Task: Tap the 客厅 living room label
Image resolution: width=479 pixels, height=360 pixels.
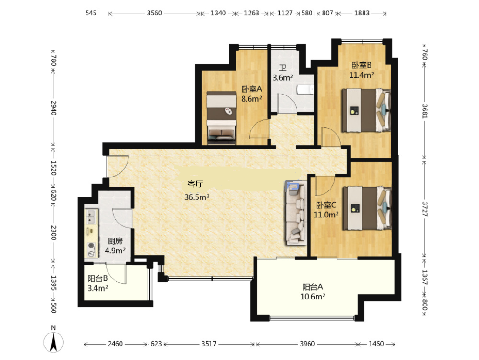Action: tap(196, 184)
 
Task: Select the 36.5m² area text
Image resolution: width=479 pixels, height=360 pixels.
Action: tap(197, 197)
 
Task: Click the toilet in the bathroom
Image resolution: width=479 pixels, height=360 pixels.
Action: tap(305, 89)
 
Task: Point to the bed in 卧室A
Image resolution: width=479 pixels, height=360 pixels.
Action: tap(222, 118)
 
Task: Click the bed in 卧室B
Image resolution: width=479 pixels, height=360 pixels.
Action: tap(366, 110)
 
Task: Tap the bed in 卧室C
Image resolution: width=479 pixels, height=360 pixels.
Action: tap(367, 208)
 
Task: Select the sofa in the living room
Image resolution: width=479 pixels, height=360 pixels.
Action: tap(296, 213)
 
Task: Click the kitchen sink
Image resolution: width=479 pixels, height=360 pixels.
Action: tap(91, 216)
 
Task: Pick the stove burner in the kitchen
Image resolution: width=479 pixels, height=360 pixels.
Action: tap(91, 249)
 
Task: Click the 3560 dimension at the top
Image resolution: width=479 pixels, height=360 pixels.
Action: tap(154, 13)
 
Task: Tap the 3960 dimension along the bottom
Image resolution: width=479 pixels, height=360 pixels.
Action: tap(307, 344)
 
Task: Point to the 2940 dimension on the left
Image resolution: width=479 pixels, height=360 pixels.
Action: tap(54, 108)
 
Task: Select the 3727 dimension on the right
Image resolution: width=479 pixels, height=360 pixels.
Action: tap(425, 209)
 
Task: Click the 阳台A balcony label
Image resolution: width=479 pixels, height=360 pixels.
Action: tap(312, 287)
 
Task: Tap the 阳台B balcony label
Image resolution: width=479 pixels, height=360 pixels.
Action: tap(97, 278)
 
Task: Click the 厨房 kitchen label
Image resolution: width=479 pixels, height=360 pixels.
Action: tap(115, 241)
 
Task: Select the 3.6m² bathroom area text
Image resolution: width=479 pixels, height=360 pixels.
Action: tap(283, 78)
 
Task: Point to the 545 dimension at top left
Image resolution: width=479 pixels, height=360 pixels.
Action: tap(91, 13)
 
